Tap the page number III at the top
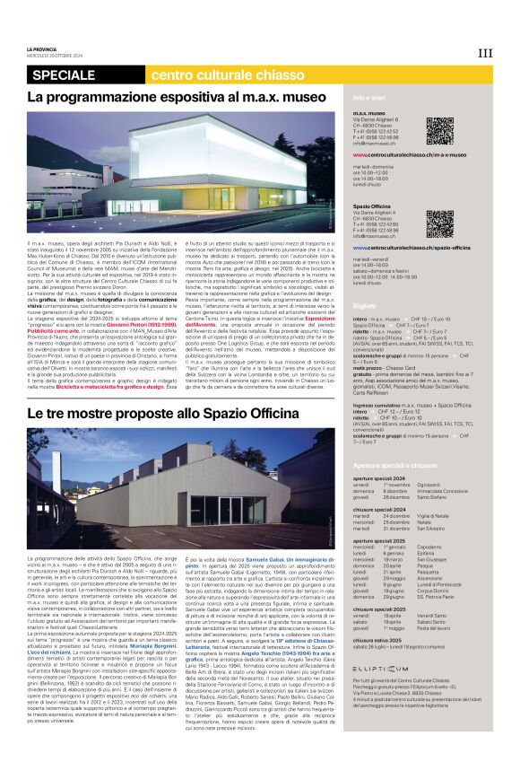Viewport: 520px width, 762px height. click(485, 53)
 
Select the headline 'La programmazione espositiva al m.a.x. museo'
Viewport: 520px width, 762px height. click(177, 96)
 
